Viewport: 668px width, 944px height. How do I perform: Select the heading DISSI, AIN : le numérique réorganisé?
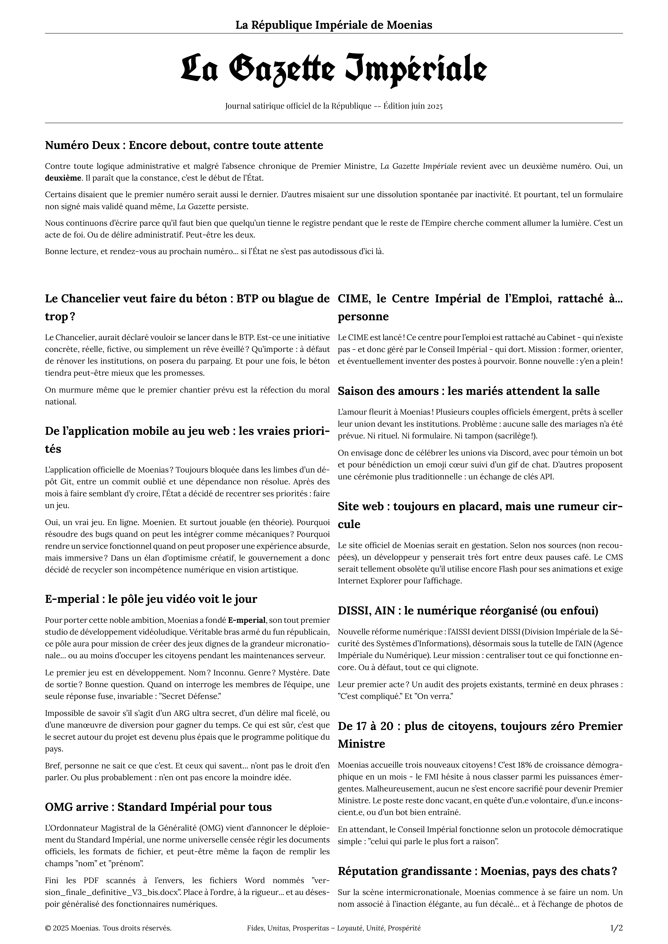click(468, 611)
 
